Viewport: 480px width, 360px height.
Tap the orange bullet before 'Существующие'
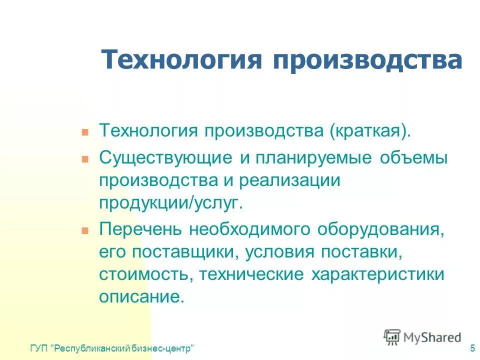click(x=85, y=159)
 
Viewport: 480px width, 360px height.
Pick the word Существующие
click(x=165, y=157)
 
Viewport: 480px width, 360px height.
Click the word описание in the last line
click(x=141, y=297)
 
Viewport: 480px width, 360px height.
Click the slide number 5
click(x=472, y=348)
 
